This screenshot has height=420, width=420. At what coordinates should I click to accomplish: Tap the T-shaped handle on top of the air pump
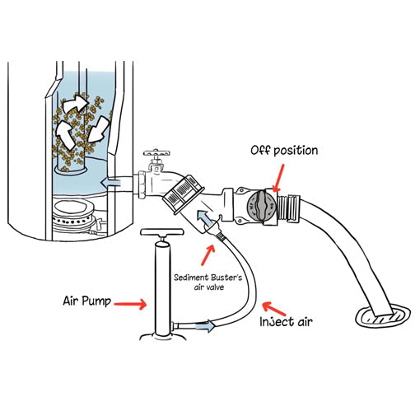click(x=159, y=238)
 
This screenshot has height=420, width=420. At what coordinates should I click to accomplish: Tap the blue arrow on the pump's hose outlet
click(x=209, y=326)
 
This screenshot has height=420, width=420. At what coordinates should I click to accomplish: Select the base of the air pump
click(x=160, y=336)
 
